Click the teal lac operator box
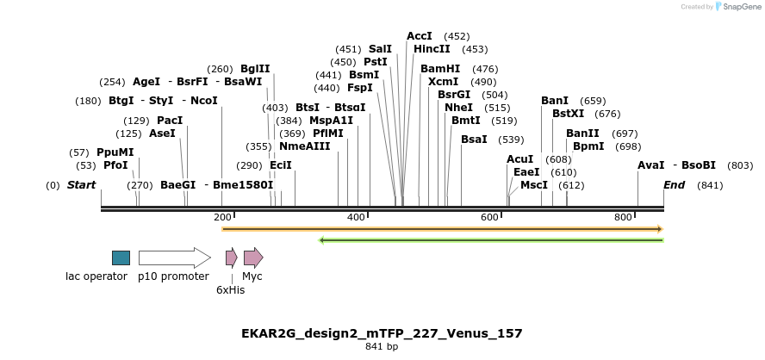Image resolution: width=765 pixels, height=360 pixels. [x=121, y=258]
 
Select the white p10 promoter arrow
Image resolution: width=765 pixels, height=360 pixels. [x=174, y=258]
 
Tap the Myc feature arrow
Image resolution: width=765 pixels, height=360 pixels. [x=253, y=258]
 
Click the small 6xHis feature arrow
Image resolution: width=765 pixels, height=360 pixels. [x=231, y=258]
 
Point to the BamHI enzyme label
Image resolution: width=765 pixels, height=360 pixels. [x=440, y=69]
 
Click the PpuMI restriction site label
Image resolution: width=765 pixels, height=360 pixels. [x=115, y=152]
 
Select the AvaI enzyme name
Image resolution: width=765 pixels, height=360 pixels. [x=651, y=165]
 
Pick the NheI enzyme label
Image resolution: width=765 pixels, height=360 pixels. [x=458, y=108]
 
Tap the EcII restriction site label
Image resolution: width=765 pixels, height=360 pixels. [x=281, y=165]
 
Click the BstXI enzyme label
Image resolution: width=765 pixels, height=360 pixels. [x=568, y=114]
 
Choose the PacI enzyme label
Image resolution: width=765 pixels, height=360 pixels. [x=170, y=121]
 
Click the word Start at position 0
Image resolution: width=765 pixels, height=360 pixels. [x=82, y=185]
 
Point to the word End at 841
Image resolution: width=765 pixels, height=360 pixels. [x=675, y=185]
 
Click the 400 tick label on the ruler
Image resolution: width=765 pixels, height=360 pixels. [x=356, y=218]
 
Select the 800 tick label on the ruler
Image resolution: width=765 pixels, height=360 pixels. [x=624, y=218]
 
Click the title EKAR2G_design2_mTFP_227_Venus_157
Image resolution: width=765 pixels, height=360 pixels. [x=382, y=333]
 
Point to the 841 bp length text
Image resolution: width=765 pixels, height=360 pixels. [x=382, y=347]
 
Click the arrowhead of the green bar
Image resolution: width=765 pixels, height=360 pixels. [x=322, y=239]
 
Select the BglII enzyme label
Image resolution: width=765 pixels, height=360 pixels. [x=255, y=69]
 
